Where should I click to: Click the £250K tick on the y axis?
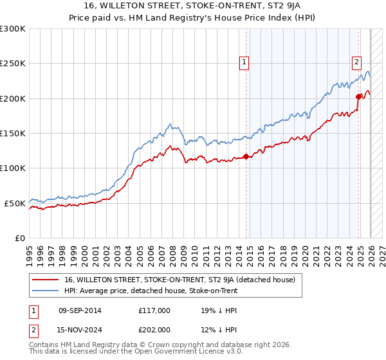click(13, 64)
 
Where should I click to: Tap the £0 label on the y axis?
click(20, 238)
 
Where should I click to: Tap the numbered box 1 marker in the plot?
click(245, 62)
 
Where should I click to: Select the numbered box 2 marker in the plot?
click(356, 62)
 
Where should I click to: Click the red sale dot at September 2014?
click(246, 156)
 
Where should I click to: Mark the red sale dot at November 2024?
click(358, 97)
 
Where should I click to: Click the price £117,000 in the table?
click(154, 310)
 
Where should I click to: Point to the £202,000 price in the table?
click(154, 329)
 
